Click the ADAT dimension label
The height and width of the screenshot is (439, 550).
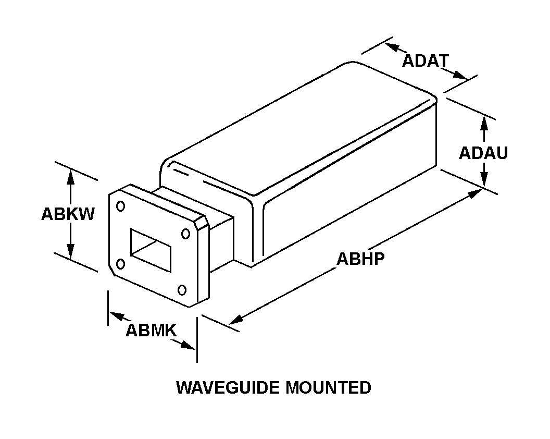(425, 61)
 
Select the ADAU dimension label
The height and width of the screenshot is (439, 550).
(483, 153)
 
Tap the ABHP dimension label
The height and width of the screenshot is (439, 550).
(360, 259)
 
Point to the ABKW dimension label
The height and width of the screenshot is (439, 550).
(68, 214)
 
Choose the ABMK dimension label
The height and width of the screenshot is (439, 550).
(151, 330)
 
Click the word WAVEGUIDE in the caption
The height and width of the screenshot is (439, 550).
(228, 387)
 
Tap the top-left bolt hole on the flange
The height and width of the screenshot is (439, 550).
(121, 206)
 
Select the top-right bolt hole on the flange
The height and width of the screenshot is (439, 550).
(185, 234)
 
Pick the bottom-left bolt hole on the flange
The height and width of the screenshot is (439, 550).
(121, 264)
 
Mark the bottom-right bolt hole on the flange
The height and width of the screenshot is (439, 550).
(182, 290)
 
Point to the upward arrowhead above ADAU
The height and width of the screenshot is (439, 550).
(484, 121)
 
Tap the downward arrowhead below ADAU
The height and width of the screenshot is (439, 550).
(484, 180)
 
